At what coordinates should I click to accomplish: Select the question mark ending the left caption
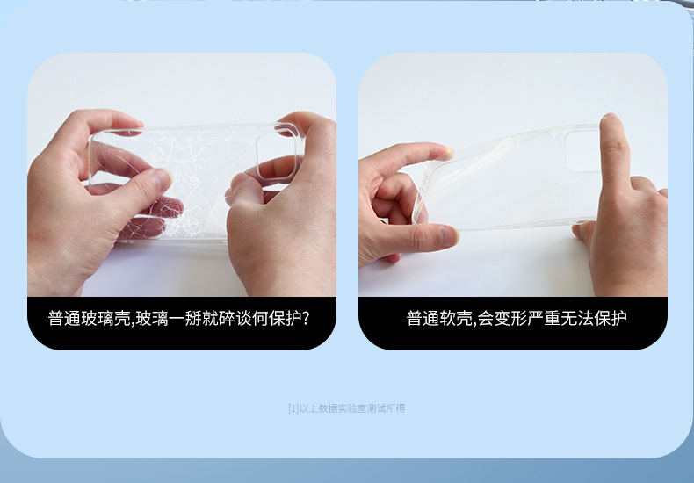306,318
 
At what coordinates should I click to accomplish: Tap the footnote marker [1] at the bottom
293,408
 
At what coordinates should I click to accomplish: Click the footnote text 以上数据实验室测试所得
352,408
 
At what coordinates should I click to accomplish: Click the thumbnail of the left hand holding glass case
163,178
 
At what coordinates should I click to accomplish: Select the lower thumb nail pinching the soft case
449,236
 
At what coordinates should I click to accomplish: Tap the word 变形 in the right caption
511,318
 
